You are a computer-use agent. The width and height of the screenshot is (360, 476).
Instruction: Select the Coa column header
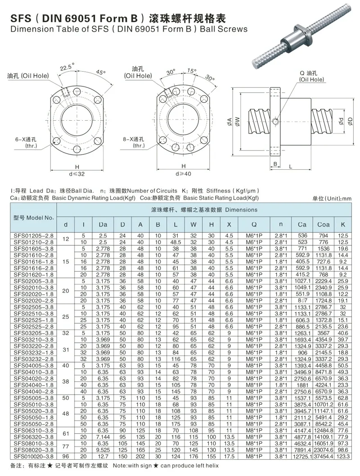(x=323, y=224)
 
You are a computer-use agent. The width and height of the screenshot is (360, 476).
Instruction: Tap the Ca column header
(x=302, y=224)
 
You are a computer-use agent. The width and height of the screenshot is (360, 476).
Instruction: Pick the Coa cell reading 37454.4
(x=323, y=456)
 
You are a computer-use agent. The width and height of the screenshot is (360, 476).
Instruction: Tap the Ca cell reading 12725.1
(x=302, y=456)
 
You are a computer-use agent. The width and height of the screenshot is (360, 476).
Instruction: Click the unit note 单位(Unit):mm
(x=332, y=198)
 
